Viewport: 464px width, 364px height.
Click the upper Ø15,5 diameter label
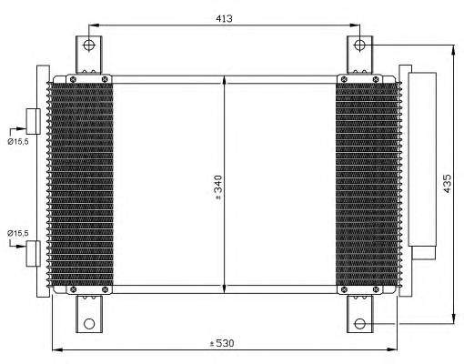point(19,142)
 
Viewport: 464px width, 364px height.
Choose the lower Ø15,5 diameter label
point(19,234)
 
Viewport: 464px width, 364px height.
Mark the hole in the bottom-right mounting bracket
point(360,323)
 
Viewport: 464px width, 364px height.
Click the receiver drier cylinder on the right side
point(422,159)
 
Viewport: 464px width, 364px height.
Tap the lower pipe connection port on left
point(34,252)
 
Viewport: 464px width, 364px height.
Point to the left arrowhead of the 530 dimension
point(55,349)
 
